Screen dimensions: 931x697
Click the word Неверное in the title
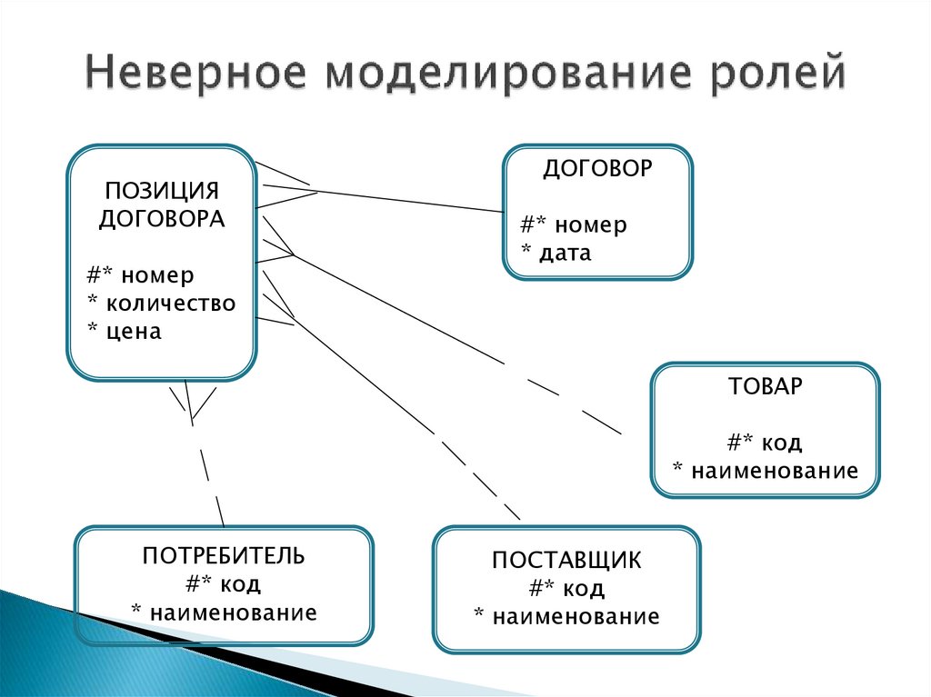point(196,72)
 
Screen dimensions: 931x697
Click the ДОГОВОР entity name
point(597,169)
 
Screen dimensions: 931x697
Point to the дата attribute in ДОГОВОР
point(566,254)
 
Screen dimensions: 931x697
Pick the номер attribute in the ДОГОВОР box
point(591,225)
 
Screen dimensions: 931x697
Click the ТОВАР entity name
point(765,386)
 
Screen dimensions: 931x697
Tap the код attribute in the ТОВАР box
point(781,443)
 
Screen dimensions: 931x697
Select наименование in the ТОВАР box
point(775,471)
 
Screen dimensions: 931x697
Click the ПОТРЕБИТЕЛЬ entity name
point(224,556)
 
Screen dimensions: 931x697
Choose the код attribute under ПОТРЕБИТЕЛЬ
point(240,585)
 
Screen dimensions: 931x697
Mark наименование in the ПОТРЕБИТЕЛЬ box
point(234,612)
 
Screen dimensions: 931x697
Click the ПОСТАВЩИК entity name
point(566,561)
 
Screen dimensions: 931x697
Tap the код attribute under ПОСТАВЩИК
point(583,589)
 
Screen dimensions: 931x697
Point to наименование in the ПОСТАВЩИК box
point(576,617)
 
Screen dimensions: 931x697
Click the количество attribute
point(170,304)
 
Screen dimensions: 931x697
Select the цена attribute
point(134,332)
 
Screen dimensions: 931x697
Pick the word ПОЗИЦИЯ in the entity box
point(162,191)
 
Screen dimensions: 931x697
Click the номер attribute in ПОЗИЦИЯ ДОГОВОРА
point(157,275)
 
